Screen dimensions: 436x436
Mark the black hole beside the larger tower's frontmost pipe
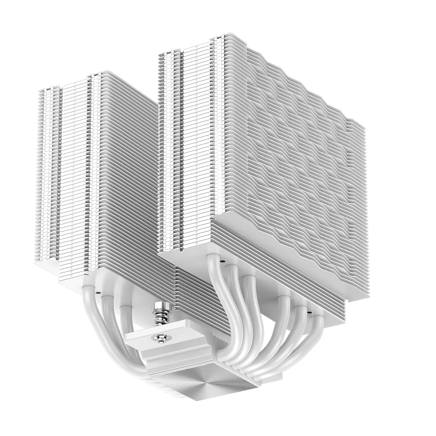click(x=223, y=262)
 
